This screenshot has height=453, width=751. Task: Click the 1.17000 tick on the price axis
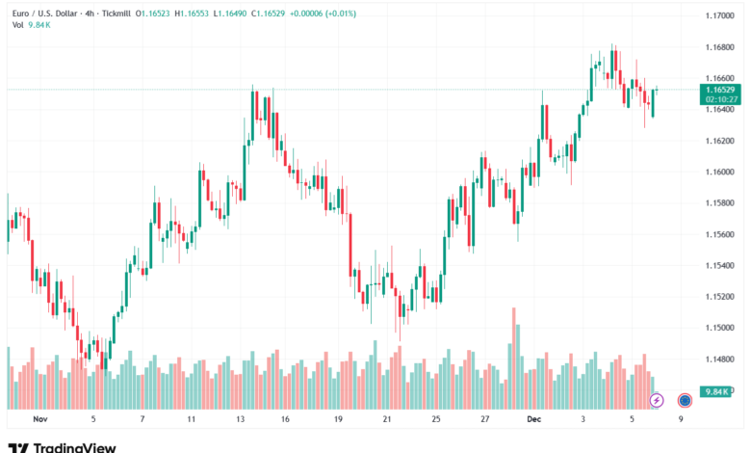(717, 16)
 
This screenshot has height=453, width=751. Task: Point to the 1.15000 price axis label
(717, 328)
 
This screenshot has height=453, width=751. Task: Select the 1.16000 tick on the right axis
(717, 173)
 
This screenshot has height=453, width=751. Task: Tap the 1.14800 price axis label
(717, 360)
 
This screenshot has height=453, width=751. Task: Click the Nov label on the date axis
(39, 419)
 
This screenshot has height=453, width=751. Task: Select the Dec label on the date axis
(533, 419)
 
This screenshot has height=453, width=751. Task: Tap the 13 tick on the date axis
(241, 419)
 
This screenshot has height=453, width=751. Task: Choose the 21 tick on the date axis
(386, 419)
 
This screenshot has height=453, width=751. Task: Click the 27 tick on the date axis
(484, 419)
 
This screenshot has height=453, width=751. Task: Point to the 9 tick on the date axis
(681, 419)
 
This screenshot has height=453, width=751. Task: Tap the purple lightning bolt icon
(657, 399)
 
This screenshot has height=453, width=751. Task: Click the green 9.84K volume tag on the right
(713, 391)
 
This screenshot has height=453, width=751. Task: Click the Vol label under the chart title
(17, 25)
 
